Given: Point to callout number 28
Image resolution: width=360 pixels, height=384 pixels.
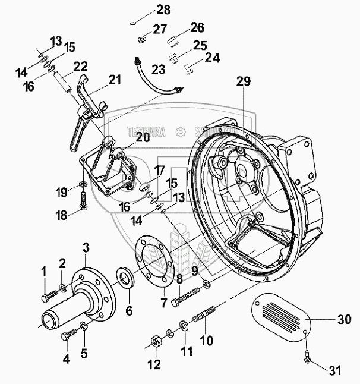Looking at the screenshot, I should pyautogui.click(x=146, y=10).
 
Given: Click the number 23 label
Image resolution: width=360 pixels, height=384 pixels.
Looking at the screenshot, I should pyautogui.click(x=157, y=70).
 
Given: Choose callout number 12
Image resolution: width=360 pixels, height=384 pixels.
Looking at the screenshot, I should pyautogui.click(x=154, y=364).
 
